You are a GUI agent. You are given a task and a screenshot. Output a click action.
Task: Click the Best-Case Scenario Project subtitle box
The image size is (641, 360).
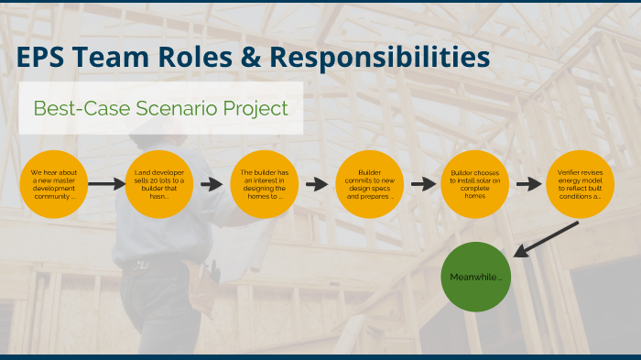pyautogui.click(x=161, y=108)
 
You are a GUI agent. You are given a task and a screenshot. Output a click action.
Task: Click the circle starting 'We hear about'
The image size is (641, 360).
pyautogui.click(x=53, y=184)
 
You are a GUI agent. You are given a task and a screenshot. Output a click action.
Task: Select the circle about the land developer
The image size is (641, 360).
pyautogui.click(x=158, y=184)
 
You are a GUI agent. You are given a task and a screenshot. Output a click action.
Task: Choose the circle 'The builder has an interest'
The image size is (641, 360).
pyautogui.click(x=264, y=184)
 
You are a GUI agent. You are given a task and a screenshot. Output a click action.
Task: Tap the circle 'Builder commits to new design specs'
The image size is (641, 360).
pyautogui.click(x=369, y=184)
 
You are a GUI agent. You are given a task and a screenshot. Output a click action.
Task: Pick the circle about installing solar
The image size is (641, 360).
pyautogui.click(x=474, y=184)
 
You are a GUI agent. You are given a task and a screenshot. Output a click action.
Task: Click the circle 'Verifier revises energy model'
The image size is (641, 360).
pyautogui.click(x=580, y=184)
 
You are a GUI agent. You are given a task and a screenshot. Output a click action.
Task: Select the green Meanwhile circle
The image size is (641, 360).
pyautogui.click(x=474, y=277)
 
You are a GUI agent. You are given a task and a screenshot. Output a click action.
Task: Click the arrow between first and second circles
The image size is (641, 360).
pyautogui.click(x=106, y=184)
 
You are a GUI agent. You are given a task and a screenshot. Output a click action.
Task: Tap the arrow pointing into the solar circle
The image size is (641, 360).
pyautogui.click(x=422, y=184)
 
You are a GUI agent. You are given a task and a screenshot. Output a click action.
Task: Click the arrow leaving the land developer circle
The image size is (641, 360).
pyautogui.click(x=212, y=184)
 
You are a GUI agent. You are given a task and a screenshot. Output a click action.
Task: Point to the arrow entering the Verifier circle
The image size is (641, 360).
pyautogui.click(x=527, y=184)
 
